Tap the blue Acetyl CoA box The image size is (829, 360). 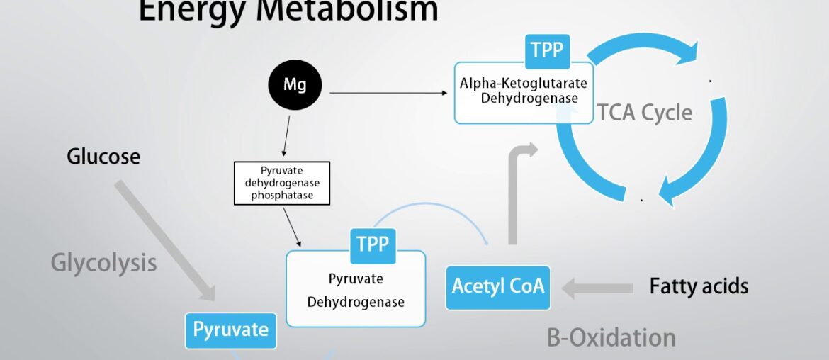497,286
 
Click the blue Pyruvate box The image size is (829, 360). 231,330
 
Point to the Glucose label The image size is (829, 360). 103,156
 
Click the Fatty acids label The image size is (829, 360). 699,286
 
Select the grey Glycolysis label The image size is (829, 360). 103,263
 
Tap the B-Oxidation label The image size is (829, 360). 611,337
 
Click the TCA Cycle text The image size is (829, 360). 644,112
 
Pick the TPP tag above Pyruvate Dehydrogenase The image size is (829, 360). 373,244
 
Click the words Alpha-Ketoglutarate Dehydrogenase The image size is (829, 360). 524,91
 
